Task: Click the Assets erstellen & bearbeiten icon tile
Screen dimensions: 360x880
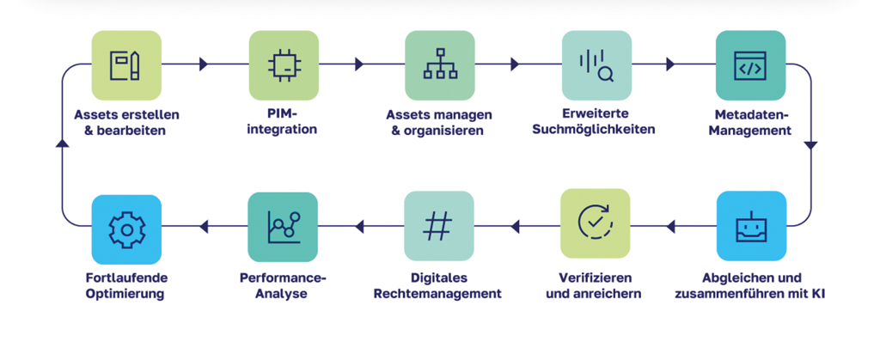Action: (x=126, y=65)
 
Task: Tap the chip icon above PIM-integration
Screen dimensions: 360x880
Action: (x=283, y=65)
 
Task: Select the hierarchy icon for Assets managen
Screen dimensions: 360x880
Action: (x=439, y=65)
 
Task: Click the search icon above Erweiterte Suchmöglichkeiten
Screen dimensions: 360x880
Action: (x=596, y=65)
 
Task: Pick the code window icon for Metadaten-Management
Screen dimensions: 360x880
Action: (x=750, y=65)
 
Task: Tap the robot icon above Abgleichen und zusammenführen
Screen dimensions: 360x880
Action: (x=750, y=226)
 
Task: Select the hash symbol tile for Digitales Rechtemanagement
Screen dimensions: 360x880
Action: (x=439, y=226)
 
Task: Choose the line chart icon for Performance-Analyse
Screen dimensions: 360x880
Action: (x=283, y=226)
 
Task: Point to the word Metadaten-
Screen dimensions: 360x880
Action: (x=750, y=114)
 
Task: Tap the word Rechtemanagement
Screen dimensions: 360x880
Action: (x=439, y=294)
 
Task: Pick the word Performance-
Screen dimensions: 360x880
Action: (x=283, y=278)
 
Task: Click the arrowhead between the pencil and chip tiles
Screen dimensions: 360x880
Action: (x=204, y=64)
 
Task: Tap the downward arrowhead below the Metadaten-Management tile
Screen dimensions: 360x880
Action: (x=810, y=146)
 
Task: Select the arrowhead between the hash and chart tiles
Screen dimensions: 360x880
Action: (x=359, y=227)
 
